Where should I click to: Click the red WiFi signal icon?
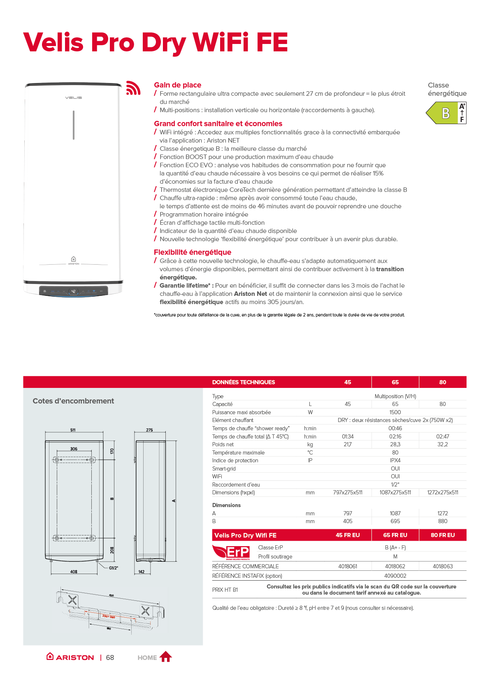(133, 88)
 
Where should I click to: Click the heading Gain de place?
(177, 85)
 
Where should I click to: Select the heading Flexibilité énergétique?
(193, 252)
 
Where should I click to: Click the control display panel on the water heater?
(73, 291)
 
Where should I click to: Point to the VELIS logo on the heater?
(74, 98)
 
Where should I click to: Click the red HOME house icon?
(166, 657)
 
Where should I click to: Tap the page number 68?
(110, 657)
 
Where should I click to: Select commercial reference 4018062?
(395, 566)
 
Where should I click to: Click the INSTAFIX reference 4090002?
(395, 576)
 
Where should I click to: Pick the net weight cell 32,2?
(442, 444)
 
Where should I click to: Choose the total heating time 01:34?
(348, 436)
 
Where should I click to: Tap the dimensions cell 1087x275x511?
(395, 492)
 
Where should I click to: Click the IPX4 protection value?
(395, 460)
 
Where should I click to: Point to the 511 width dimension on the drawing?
(73, 430)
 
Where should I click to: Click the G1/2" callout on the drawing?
(113, 568)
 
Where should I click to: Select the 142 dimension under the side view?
(142, 572)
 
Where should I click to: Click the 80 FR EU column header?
(442, 535)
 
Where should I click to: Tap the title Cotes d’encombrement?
(73, 401)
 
